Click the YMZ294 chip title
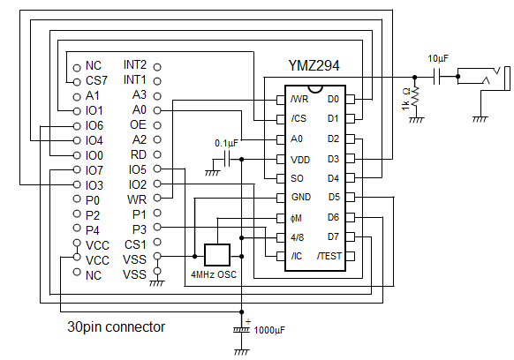[314, 65]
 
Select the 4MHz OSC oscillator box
[217, 255]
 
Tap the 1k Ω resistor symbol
[415, 96]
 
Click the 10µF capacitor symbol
[436, 77]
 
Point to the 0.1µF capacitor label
[226, 143]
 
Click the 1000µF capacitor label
[269, 330]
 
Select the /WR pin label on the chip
[299, 99]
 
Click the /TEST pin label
[329, 256]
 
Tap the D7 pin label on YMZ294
[333, 236]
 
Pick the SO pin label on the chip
[297, 178]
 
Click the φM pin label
[296, 218]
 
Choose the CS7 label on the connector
[96, 80]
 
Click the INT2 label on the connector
[135, 65]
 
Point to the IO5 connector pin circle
[157, 169]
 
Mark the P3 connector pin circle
[157, 227]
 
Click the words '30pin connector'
[116, 327]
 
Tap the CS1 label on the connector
[135, 244]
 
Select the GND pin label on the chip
[300, 197]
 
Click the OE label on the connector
[138, 124]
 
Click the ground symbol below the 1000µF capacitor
[242, 352]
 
